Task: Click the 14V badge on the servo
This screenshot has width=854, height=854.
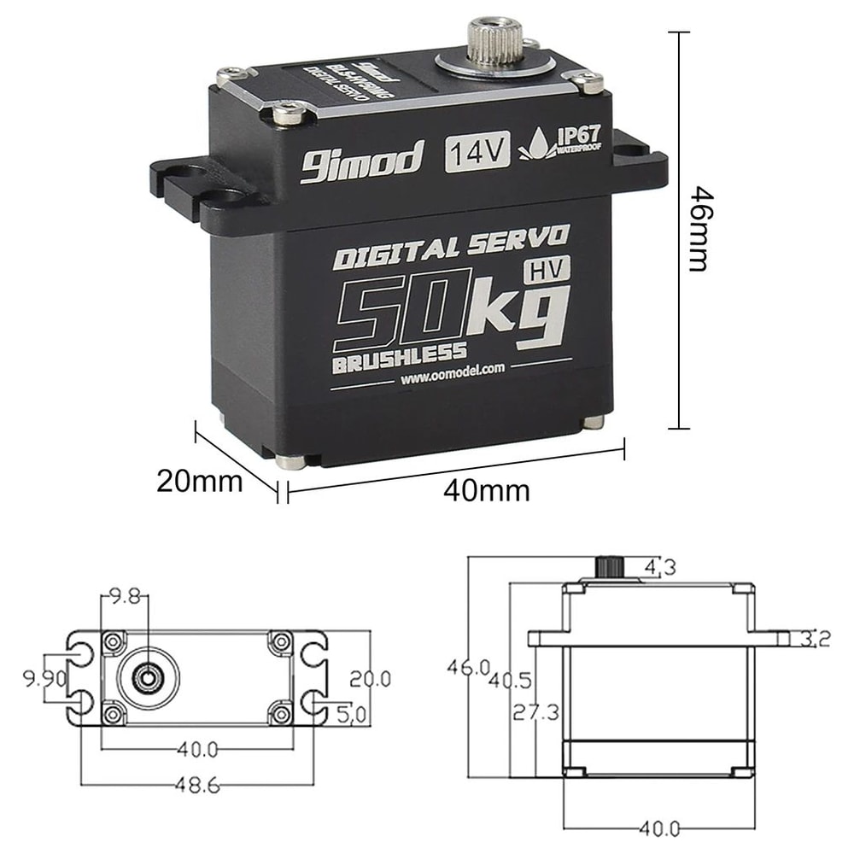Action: (x=477, y=154)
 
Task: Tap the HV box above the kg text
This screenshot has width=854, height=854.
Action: (x=546, y=271)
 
